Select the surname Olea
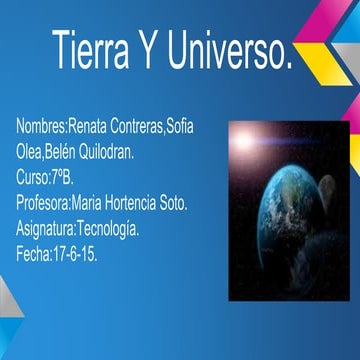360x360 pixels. point(30,155)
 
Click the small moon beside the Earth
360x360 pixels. point(328,214)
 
